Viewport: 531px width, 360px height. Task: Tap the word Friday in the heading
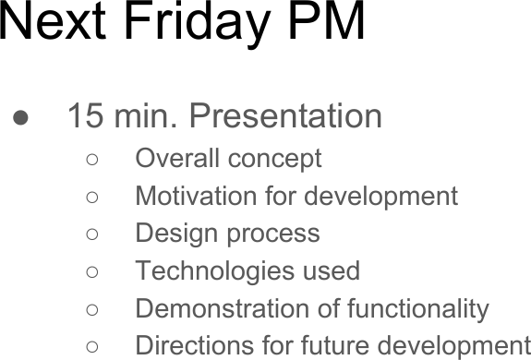coord(196,22)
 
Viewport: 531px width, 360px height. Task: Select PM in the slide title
coord(326,22)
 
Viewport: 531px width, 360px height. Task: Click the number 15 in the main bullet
coord(86,116)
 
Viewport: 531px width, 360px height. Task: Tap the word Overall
coord(177,159)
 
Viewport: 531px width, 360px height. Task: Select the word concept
coord(275,160)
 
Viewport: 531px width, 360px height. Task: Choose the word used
coord(331,271)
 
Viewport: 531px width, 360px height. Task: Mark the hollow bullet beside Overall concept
coord(92,160)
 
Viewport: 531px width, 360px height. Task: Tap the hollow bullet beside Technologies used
coord(92,272)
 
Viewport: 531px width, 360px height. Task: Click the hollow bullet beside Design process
coord(92,234)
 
